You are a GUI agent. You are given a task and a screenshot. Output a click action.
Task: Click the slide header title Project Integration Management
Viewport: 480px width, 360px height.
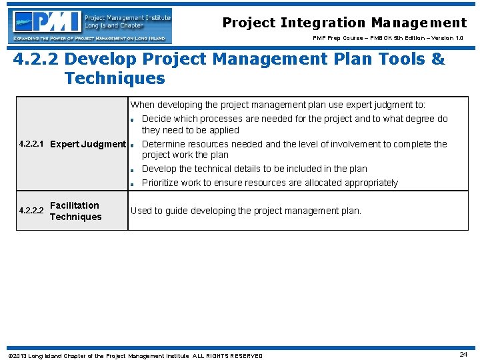(344, 23)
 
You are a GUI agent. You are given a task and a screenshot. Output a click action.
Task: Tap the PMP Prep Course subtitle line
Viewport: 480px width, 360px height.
(390, 38)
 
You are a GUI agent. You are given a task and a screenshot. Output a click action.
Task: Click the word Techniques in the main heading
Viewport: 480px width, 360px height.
(114, 78)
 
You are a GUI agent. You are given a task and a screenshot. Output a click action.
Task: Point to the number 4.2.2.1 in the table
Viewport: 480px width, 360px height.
(32, 144)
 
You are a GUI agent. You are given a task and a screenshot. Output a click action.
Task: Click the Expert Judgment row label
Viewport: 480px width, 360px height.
(88, 144)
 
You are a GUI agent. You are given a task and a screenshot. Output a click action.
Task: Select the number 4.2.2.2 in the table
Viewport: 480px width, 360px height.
(32, 211)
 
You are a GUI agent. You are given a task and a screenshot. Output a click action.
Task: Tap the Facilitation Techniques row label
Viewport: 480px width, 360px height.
(75, 211)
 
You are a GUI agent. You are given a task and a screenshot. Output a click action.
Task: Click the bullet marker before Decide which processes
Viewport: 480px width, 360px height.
(133, 120)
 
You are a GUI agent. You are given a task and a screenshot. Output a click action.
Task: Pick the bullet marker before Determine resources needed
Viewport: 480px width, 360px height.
(133, 145)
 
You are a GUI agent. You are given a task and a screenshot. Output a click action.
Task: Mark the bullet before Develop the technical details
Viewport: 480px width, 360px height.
(133, 169)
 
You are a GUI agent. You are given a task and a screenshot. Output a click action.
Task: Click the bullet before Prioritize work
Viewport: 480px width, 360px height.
(133, 183)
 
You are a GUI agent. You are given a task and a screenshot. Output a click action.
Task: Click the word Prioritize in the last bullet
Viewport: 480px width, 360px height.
(161, 183)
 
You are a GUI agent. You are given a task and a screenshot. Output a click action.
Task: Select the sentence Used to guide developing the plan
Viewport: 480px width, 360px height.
(245, 211)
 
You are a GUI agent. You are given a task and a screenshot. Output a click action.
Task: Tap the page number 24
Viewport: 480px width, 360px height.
(463, 355)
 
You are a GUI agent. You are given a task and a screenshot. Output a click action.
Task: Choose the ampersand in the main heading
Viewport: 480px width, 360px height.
(438, 59)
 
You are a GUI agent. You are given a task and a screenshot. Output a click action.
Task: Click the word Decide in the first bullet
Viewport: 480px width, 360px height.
(157, 119)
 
